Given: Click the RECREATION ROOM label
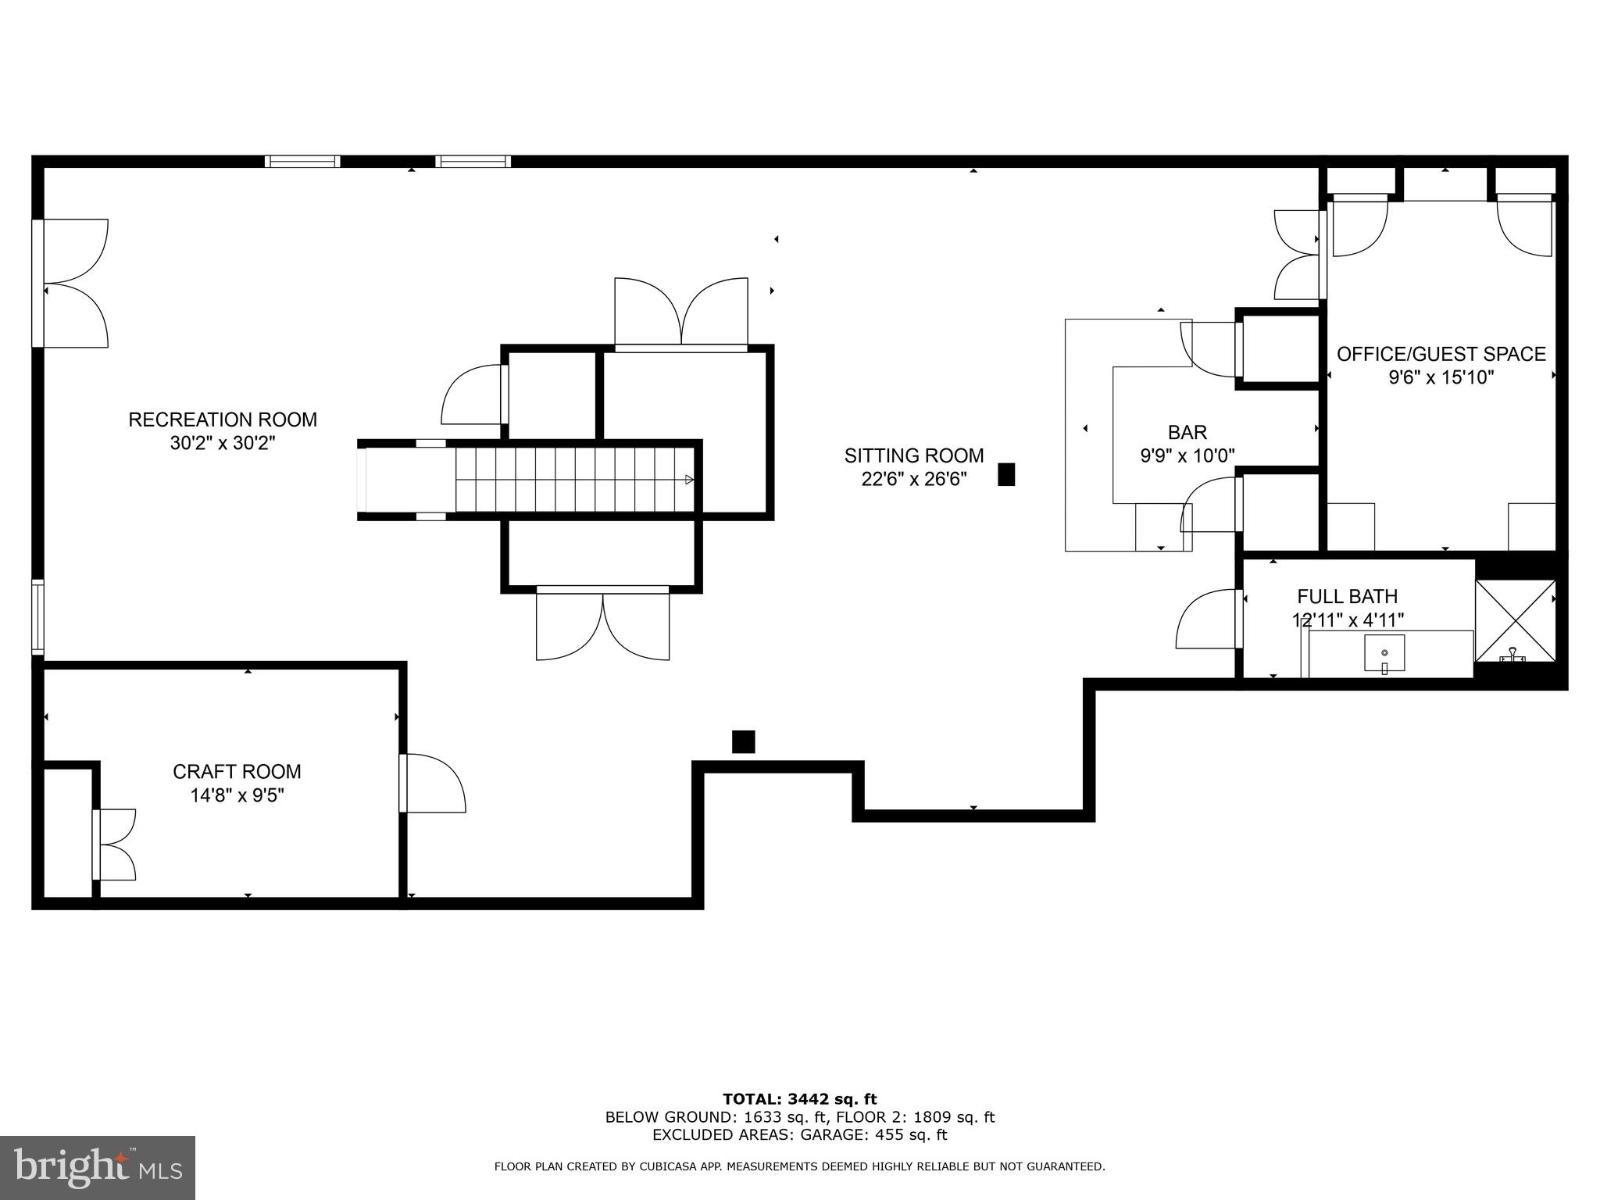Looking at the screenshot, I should click(x=223, y=420).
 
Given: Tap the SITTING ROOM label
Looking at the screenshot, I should click(x=913, y=455).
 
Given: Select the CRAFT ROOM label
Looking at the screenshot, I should click(x=237, y=772).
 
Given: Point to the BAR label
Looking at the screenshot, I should click(x=1187, y=432).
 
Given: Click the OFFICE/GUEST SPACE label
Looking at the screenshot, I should click(x=1441, y=354).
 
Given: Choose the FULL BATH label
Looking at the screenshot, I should click(x=1347, y=597).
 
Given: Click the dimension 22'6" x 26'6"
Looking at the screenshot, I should click(x=913, y=479).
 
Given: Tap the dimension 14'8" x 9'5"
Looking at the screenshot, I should click(x=237, y=795).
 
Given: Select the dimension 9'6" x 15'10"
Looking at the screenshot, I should click(x=1441, y=378).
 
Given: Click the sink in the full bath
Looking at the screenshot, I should click(x=1384, y=653).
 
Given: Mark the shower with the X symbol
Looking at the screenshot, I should click(x=1515, y=620).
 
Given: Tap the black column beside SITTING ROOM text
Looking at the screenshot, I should click(x=1006, y=474).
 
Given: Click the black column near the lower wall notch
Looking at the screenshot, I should click(x=743, y=741).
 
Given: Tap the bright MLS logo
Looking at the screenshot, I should click(x=98, y=1168).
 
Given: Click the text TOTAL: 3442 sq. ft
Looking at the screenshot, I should click(x=799, y=1099).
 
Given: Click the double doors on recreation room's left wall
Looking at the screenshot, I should click(x=72, y=283).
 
